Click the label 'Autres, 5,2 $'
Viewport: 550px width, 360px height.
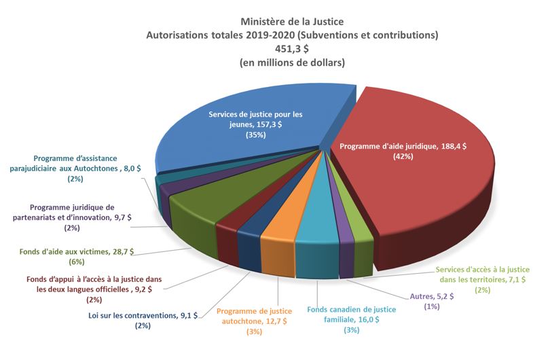(x=432, y=297)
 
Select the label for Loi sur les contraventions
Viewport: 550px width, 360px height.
(x=143, y=315)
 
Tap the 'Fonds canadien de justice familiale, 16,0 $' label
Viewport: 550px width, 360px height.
(x=350, y=314)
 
